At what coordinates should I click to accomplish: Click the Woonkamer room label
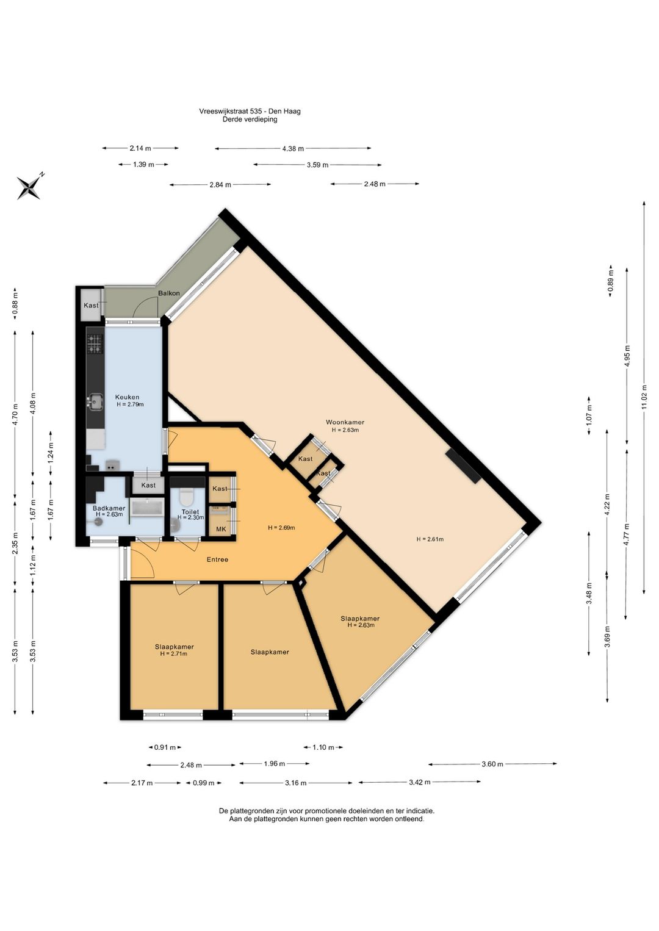point(345,422)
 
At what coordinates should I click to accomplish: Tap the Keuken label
point(128,397)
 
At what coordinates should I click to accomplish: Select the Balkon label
point(169,293)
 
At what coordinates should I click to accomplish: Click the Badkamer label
point(109,508)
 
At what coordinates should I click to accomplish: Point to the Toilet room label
point(190,512)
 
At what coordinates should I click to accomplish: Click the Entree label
point(217,559)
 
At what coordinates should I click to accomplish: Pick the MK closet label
point(221,529)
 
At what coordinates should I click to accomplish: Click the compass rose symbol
point(29,187)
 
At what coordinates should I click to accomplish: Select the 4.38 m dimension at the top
point(293,148)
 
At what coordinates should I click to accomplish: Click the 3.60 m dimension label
point(492,764)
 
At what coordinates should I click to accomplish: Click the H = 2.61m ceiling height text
point(430,539)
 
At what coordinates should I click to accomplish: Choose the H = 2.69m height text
point(281,528)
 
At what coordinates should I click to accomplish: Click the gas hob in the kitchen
point(95,344)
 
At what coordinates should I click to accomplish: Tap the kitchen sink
point(95,401)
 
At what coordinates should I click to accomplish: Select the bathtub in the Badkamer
point(147,508)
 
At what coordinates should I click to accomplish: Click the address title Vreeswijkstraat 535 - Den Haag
point(250,112)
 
